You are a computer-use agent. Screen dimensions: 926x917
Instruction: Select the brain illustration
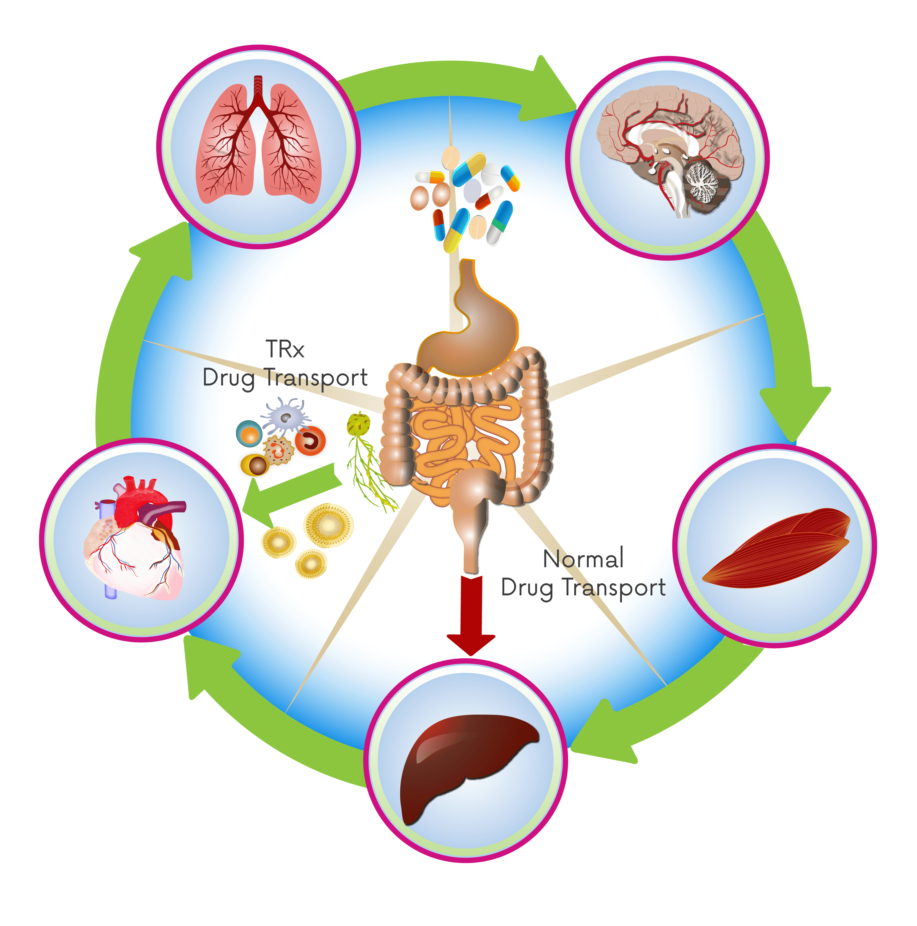point(669,149)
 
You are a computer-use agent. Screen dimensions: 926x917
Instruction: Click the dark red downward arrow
point(471,613)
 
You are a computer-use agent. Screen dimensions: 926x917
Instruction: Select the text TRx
point(285,349)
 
